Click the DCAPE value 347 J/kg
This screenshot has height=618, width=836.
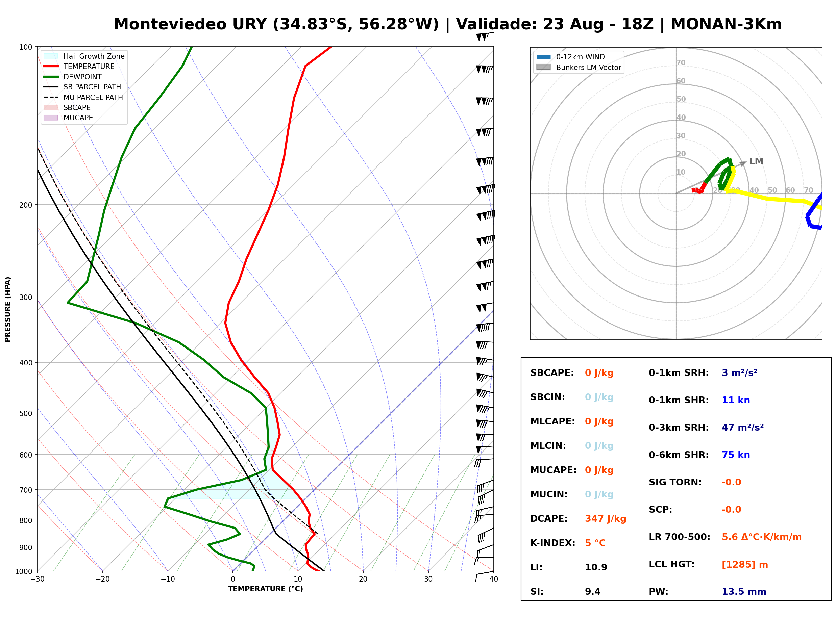605,519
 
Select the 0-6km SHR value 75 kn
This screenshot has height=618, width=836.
736,455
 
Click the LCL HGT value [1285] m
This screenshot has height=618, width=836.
745,565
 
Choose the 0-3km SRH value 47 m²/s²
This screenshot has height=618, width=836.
742,427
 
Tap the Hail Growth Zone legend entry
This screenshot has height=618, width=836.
84,56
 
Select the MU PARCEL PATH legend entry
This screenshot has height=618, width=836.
83,97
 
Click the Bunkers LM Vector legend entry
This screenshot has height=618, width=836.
579,67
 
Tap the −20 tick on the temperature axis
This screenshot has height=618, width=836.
102,579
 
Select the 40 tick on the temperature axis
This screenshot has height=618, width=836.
493,579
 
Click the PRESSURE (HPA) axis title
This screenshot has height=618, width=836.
8,309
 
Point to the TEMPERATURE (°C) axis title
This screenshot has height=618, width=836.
265,589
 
